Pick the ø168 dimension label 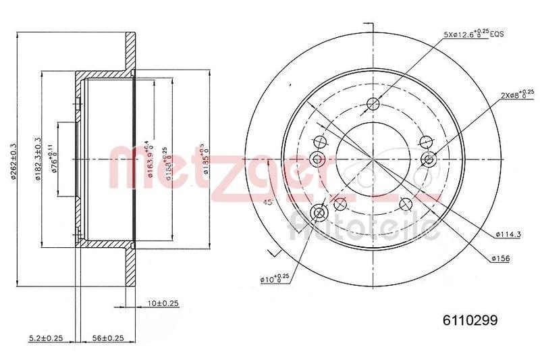165,159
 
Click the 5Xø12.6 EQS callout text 474,33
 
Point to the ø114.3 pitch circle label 508,234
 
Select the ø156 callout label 501,258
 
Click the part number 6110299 470,322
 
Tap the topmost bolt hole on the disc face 372,103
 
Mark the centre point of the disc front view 372,159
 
